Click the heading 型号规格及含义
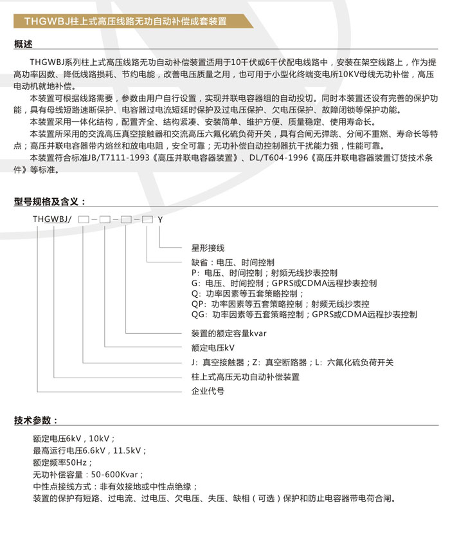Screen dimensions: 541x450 pos(49,201)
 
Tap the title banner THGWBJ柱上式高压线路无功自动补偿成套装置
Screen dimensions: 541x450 pos(125,21)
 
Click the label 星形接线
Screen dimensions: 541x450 pos(208,248)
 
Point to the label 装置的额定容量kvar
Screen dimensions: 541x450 pos(229,333)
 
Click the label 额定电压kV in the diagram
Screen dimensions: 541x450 pos(213,348)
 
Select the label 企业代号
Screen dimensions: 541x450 pos(208,390)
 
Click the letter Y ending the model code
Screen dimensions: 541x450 pos(161,219)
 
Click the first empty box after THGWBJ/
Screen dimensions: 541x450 pos(84,219)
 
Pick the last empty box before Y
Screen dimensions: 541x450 pos(147,219)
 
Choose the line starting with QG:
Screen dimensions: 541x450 pos(304,315)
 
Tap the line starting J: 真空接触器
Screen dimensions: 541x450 pos(292,362)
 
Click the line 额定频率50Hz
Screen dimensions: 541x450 pos(63,463)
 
